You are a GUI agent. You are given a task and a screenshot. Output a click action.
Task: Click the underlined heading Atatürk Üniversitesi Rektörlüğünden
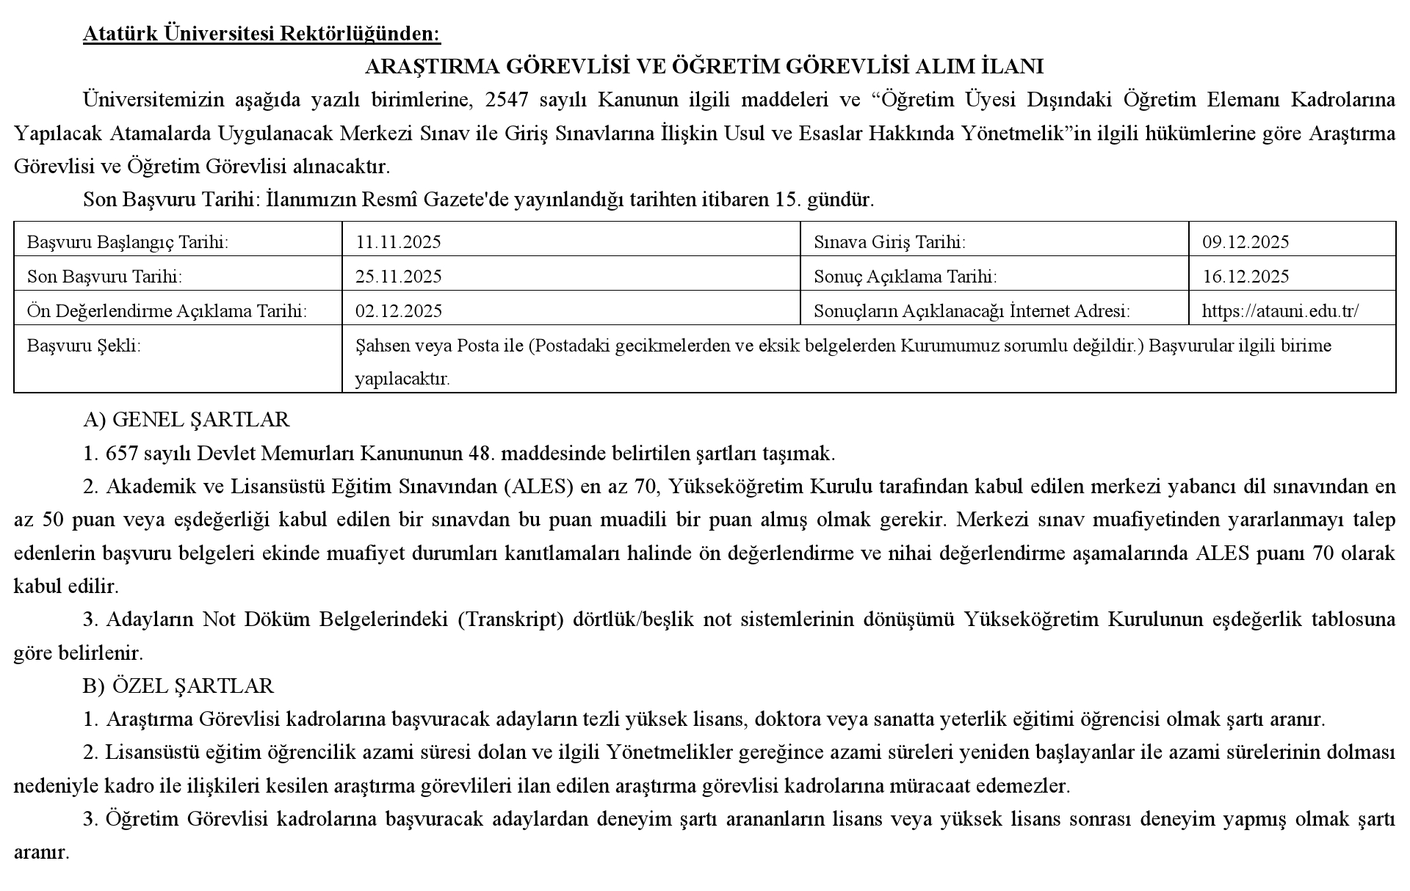(x=261, y=34)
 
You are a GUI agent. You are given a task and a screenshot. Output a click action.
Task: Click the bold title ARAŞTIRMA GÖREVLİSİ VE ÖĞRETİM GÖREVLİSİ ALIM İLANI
(x=704, y=67)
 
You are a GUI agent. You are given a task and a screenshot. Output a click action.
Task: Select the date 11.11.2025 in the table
(x=398, y=242)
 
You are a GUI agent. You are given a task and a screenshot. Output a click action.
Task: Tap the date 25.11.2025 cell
(x=398, y=277)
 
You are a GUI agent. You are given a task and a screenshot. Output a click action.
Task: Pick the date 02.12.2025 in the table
(x=398, y=311)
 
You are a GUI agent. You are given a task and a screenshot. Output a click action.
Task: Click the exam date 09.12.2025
(x=1245, y=242)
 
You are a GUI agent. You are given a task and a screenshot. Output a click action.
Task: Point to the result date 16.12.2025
(x=1245, y=277)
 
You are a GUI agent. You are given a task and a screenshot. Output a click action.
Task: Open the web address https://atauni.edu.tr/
(x=1280, y=311)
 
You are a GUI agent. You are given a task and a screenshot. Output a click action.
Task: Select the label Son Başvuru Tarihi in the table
(x=104, y=277)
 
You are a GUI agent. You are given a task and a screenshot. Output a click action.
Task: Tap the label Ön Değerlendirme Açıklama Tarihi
(x=167, y=311)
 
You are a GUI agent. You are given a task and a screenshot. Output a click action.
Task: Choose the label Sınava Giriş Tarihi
(x=889, y=242)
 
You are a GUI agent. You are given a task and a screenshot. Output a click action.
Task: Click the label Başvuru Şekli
(x=84, y=346)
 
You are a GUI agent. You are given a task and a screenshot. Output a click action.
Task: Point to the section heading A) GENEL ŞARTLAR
(x=187, y=420)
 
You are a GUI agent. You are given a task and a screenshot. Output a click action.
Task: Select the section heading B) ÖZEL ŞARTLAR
(x=178, y=686)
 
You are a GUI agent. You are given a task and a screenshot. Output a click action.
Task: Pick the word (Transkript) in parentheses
(x=510, y=619)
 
